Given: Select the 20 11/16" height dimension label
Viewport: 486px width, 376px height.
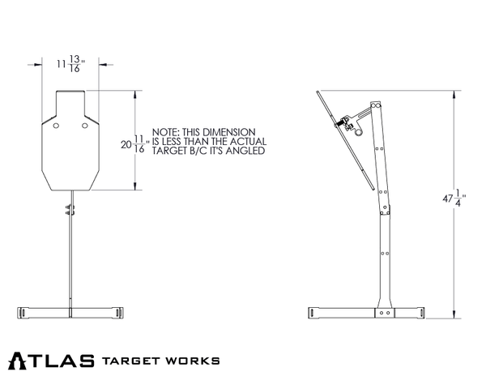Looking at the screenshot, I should (x=133, y=144).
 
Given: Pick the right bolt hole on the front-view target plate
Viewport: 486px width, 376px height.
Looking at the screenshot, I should (x=85, y=126).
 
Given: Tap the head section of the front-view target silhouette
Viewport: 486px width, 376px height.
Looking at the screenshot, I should (x=70, y=102).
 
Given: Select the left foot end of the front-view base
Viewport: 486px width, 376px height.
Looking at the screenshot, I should (x=25, y=312).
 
